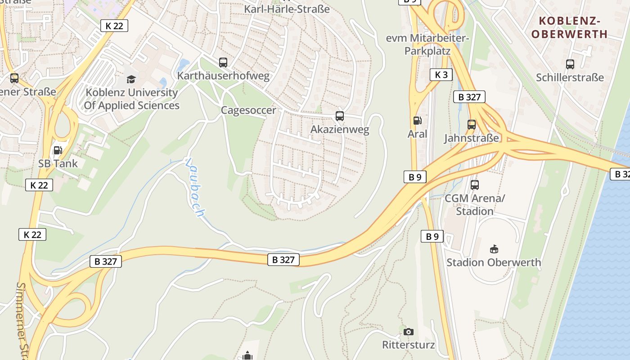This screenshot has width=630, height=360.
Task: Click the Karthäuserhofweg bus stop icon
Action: (x=223, y=63)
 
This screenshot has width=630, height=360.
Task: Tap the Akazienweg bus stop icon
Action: (x=340, y=116)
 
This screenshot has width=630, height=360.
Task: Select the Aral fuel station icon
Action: (x=417, y=121)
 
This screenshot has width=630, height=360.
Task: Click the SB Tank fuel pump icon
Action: (x=58, y=150)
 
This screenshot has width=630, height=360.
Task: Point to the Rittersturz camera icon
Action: (x=408, y=332)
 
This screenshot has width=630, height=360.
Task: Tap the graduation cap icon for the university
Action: (x=131, y=79)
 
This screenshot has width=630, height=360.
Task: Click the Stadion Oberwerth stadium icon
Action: (x=494, y=249)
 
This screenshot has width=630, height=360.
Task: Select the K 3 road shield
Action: (x=441, y=75)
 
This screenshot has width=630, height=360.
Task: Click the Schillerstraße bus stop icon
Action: (x=570, y=64)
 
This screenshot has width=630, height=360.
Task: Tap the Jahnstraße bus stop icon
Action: (x=472, y=125)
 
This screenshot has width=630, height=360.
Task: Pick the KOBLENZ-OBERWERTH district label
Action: (x=569, y=27)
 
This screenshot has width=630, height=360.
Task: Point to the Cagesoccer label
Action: (x=248, y=110)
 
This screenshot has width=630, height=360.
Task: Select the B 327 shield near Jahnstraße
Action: (x=469, y=97)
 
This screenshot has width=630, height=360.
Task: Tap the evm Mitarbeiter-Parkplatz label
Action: (x=427, y=45)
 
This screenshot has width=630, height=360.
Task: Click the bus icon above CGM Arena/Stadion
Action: (x=474, y=184)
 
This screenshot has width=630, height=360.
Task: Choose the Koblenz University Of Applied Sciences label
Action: (x=131, y=99)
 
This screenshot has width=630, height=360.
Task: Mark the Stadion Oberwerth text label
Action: (x=494, y=262)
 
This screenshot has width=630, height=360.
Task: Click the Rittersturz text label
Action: (x=408, y=345)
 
